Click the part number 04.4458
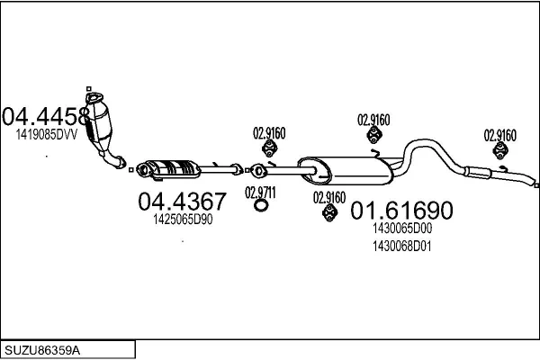46,116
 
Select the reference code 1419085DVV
46,134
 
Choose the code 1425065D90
182,220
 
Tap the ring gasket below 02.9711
261,207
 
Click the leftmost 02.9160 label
268,133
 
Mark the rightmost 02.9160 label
500,135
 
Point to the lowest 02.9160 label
329,197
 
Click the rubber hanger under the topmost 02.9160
373,136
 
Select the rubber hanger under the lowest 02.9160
329,213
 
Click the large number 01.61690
400,211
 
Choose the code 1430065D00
401,229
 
